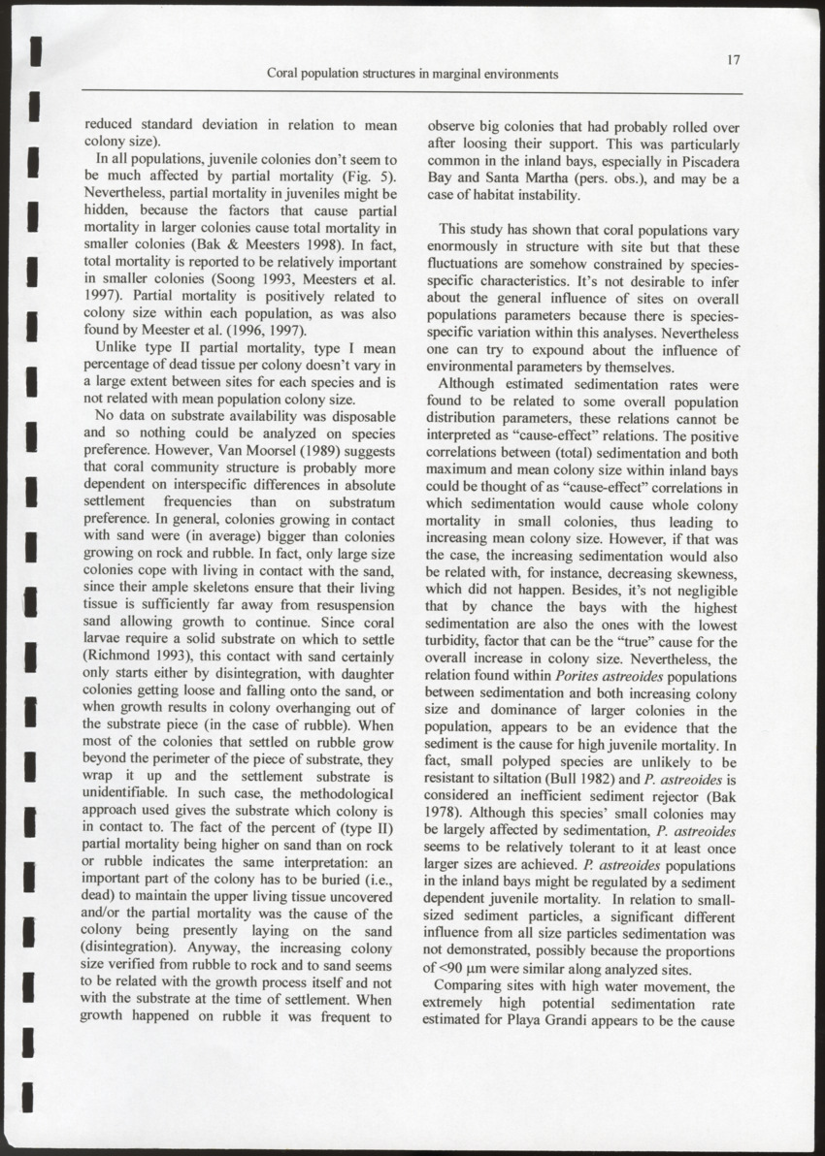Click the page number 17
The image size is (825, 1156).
pos(734,59)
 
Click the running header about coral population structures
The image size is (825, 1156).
pos(412,74)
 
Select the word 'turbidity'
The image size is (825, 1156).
pos(458,641)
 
